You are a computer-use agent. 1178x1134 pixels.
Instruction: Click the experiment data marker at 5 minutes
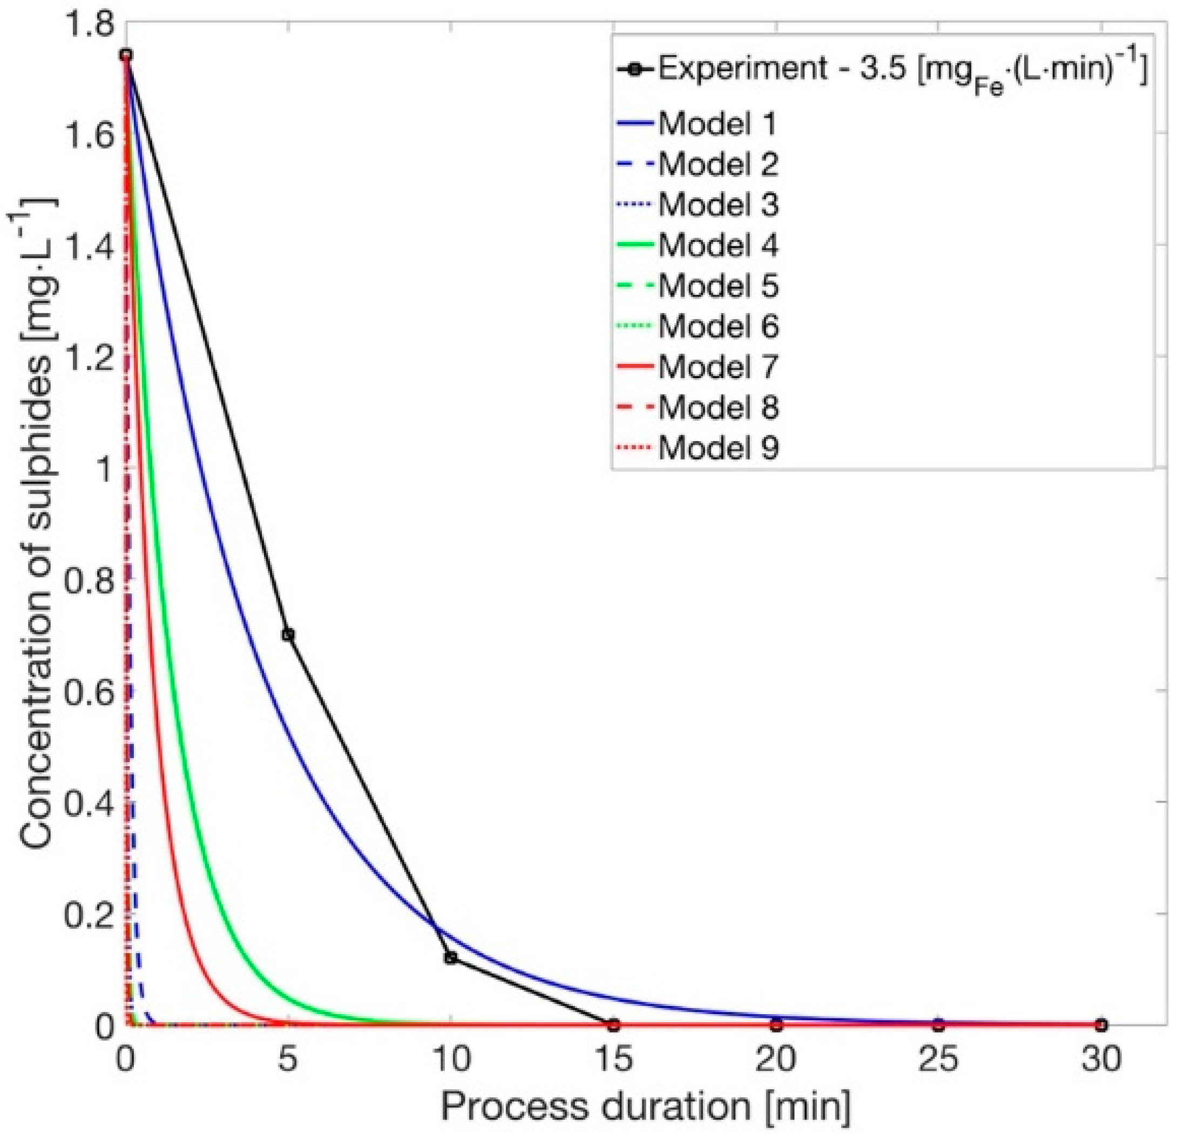(288, 634)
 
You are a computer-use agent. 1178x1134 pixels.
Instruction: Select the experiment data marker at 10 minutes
(451, 958)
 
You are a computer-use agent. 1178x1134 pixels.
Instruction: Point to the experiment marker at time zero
(126, 55)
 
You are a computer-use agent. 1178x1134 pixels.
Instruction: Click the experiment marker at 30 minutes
(1100, 1024)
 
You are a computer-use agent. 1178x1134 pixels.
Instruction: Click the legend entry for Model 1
(717, 123)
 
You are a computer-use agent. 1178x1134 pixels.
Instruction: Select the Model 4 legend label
(718, 245)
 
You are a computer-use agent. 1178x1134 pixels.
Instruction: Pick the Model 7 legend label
(718, 366)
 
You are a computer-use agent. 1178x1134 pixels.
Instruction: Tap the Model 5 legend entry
(718, 285)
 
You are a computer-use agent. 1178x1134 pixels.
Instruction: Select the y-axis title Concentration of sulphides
(37, 523)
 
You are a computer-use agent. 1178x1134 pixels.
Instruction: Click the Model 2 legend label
(718, 164)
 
